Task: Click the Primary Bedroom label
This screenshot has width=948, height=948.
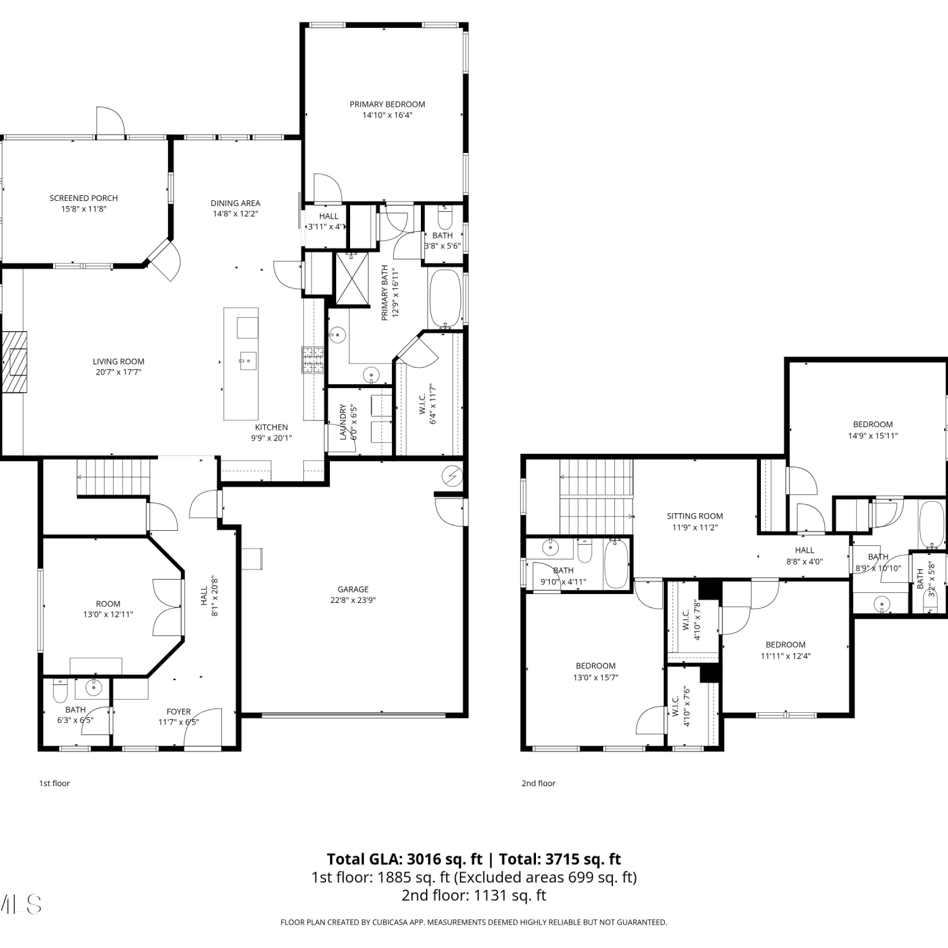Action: (x=387, y=104)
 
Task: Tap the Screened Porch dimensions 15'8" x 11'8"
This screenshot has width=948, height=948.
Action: (x=84, y=209)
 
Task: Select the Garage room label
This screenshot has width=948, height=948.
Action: (x=353, y=589)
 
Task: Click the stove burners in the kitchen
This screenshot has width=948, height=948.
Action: (x=313, y=360)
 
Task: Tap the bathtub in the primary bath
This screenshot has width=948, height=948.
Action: (x=446, y=299)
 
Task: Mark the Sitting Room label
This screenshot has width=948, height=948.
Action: (x=695, y=516)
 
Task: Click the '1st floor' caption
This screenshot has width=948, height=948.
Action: (x=54, y=783)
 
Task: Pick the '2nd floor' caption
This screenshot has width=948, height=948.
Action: (x=538, y=783)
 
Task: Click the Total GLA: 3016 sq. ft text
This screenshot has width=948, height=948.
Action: (x=404, y=859)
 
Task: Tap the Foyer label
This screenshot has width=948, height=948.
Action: (x=179, y=712)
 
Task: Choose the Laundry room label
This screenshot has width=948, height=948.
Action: (x=343, y=422)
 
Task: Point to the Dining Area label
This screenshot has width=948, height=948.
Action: (x=235, y=203)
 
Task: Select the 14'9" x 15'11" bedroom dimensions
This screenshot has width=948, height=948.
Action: (x=873, y=435)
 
